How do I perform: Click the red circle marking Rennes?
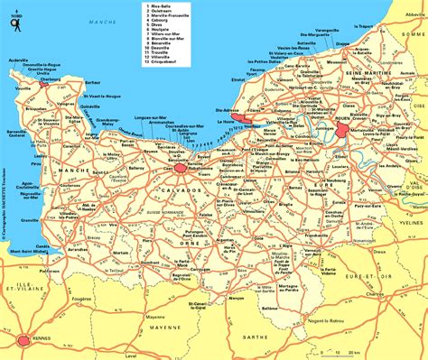[23, 340]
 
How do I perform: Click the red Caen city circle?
[181, 168]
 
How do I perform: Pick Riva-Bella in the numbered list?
[163, 6]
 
